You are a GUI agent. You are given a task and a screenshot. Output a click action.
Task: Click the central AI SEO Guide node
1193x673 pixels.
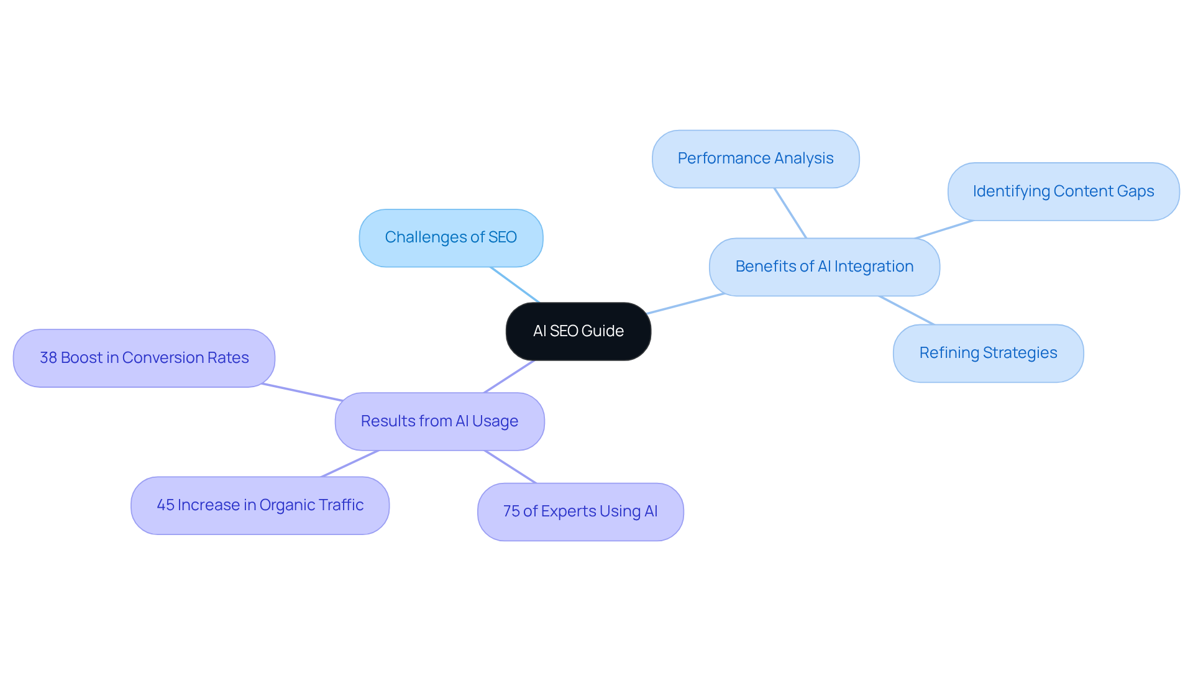(578, 331)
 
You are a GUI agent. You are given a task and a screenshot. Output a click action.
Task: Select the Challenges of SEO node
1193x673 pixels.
(450, 238)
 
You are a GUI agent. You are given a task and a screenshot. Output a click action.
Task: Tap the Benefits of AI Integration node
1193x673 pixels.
(824, 267)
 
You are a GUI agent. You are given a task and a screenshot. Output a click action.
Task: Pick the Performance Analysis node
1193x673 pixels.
(755, 159)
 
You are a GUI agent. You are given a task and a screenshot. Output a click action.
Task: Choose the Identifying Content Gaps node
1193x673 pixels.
(1063, 191)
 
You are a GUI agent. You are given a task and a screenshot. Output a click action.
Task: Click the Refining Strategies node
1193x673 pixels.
(988, 353)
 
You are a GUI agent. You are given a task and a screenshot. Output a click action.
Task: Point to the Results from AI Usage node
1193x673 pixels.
(439, 421)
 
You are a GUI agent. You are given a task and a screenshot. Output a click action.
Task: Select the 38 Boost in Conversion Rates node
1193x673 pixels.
(144, 358)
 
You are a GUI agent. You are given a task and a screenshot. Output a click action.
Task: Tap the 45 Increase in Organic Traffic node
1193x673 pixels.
(260, 505)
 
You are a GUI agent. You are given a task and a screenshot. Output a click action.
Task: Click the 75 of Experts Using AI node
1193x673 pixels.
(580, 511)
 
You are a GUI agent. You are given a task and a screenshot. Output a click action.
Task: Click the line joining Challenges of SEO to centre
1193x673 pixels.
(515, 285)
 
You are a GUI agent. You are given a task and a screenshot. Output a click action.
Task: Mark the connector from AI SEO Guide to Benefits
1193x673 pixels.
(685, 303)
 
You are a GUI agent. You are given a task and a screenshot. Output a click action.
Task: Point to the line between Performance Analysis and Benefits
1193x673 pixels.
(790, 213)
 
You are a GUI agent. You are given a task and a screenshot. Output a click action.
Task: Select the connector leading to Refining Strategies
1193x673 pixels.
(907, 310)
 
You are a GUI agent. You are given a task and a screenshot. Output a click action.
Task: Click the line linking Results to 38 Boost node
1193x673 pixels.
(302, 392)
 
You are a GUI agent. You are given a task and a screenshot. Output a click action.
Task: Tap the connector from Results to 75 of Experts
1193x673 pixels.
(510, 467)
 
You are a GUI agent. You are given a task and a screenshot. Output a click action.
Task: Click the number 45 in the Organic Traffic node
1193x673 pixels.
(165, 505)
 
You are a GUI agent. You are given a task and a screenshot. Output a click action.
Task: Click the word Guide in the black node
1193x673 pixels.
(602, 331)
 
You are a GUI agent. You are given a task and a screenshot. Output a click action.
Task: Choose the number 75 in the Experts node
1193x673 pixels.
(511, 511)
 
